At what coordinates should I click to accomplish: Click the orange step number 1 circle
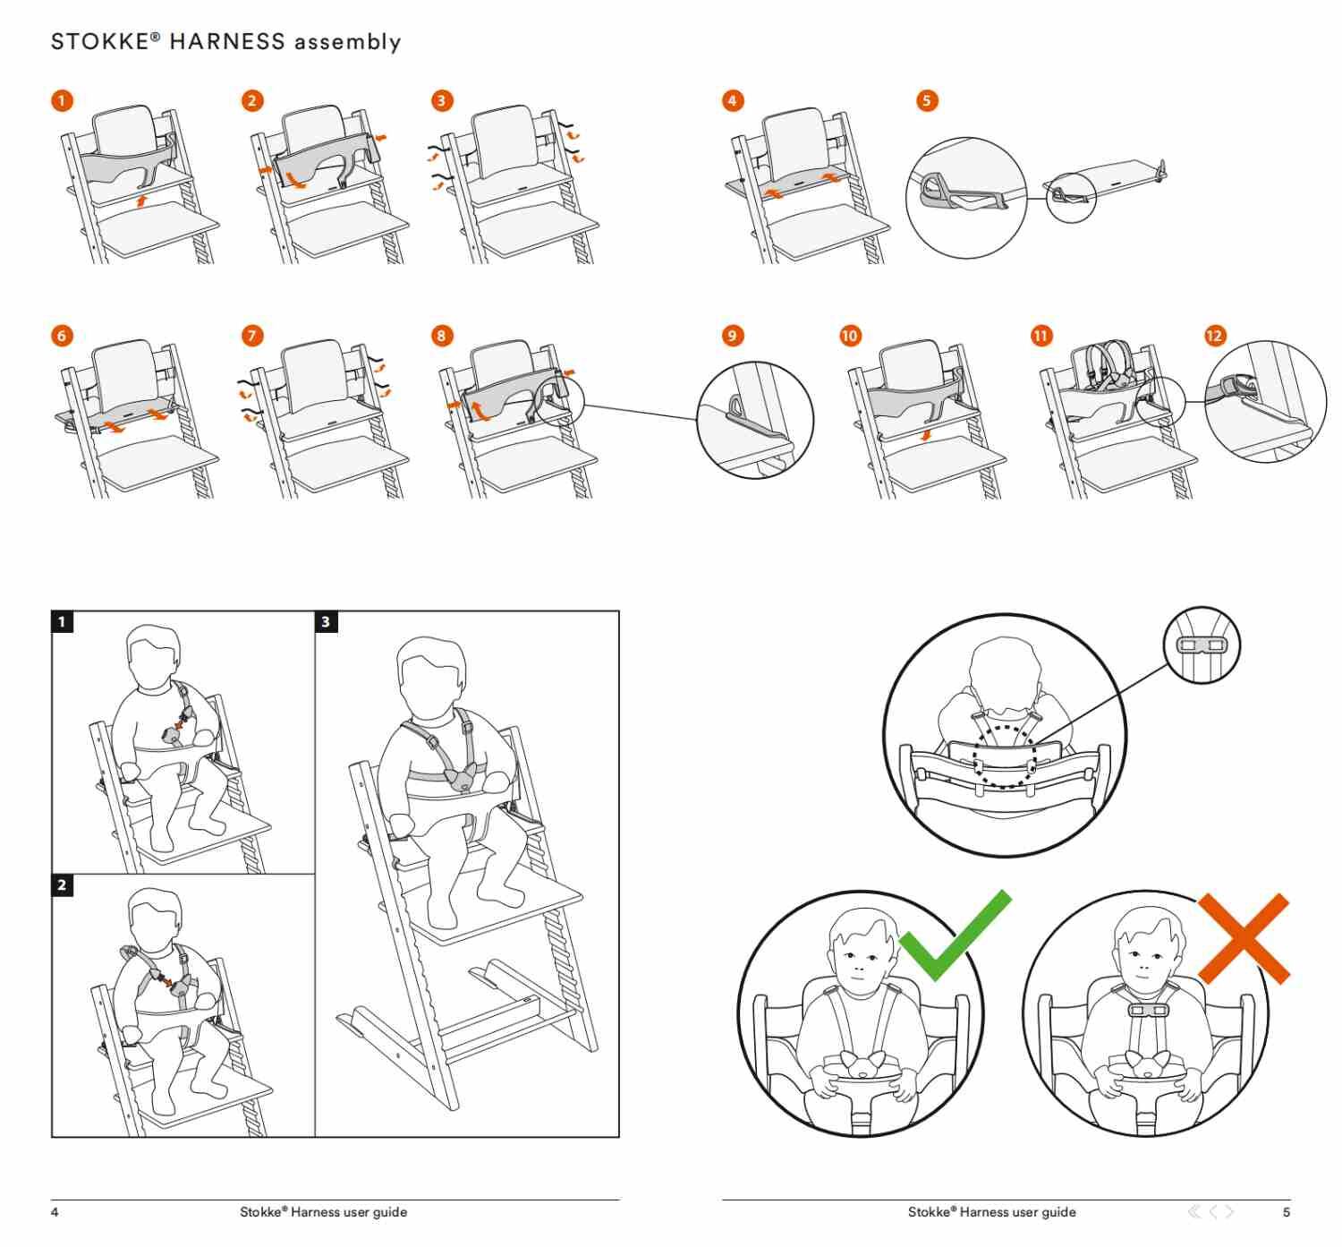coord(62,101)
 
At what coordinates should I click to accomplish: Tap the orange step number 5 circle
coord(926,101)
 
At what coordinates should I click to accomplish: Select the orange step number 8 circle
coord(441,336)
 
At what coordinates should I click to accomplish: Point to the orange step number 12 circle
coord(1214,336)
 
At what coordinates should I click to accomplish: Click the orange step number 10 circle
coord(849,336)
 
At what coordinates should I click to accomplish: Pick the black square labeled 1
coord(62,621)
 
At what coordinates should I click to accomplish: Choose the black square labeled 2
coord(62,885)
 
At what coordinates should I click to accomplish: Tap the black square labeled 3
coord(327,621)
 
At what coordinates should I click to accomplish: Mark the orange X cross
coord(1244,939)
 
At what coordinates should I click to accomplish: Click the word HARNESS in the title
coord(227,42)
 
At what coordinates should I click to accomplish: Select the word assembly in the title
coord(347,43)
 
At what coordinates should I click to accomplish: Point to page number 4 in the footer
coord(55,1212)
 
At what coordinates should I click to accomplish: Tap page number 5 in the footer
coord(1286,1212)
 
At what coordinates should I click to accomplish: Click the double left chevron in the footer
coord(1194,1211)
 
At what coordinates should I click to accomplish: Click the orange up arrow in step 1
coord(140,201)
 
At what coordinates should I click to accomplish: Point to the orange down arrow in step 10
coord(926,435)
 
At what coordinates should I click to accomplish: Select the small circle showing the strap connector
coord(1202,645)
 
